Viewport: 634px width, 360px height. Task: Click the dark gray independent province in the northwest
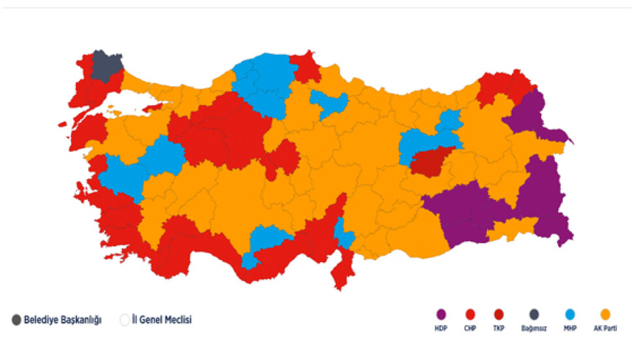[106, 65]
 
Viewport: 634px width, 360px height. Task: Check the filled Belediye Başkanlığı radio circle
[16, 320]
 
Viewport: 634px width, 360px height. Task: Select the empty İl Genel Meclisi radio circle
[125, 320]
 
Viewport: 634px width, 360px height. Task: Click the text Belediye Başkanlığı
[62, 320]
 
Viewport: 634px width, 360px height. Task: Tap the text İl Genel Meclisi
[162, 320]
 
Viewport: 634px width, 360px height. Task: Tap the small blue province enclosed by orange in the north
[328, 104]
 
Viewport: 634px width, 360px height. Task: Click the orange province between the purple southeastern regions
[511, 229]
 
